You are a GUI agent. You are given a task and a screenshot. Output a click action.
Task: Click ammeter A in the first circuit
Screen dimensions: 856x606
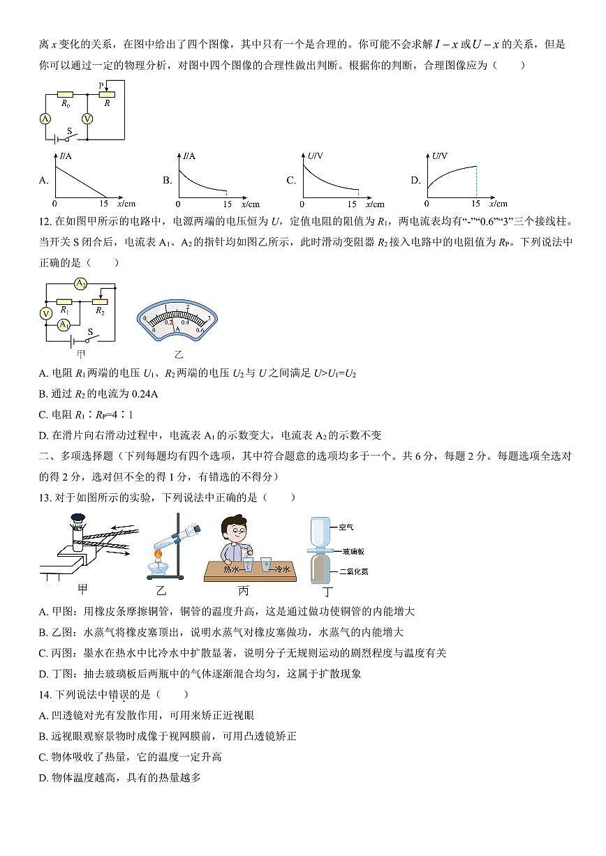(x=45, y=119)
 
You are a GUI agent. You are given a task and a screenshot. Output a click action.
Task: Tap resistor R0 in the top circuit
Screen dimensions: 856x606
(x=65, y=93)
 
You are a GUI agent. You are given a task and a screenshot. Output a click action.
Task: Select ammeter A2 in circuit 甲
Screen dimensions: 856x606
(x=81, y=284)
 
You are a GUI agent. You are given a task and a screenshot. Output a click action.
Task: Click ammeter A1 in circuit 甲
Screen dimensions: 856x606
(x=64, y=324)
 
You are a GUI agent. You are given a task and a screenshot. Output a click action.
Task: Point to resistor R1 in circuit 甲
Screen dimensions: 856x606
(x=64, y=301)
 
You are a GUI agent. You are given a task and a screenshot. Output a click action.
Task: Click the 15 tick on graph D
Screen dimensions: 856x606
(x=475, y=204)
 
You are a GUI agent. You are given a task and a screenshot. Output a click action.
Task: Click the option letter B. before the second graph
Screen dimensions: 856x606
(x=168, y=181)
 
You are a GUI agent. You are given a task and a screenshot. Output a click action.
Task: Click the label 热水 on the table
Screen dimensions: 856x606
(x=231, y=569)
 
